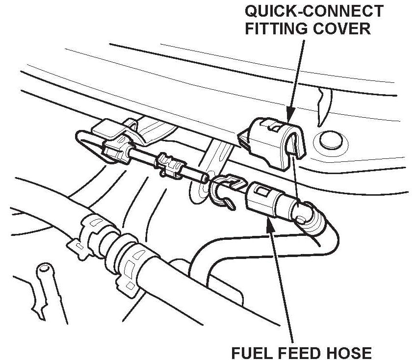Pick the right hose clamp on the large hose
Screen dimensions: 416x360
[132, 265]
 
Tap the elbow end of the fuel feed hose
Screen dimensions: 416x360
[309, 216]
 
